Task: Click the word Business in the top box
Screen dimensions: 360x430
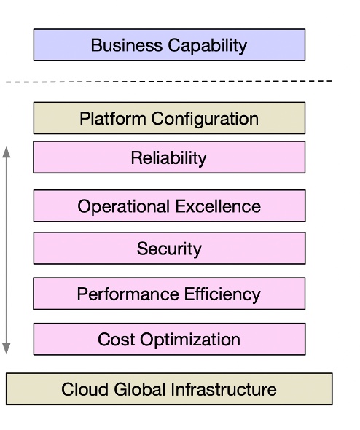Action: click(x=127, y=45)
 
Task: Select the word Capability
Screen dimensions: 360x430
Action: click(x=208, y=46)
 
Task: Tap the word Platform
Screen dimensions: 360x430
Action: click(x=113, y=119)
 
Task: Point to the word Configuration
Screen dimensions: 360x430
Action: click(x=205, y=120)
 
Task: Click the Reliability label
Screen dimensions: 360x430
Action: click(x=168, y=158)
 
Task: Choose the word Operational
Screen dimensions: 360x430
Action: click(x=123, y=207)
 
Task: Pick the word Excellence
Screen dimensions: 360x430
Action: click(x=218, y=206)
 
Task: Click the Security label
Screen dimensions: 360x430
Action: click(x=169, y=249)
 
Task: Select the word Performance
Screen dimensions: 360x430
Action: click(x=128, y=294)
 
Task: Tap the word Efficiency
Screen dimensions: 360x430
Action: click(x=222, y=294)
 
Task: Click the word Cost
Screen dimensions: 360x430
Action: click(x=117, y=340)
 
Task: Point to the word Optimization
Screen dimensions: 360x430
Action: click(x=190, y=340)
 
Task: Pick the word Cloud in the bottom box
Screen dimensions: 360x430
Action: click(x=85, y=389)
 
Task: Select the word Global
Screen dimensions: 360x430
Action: click(x=140, y=389)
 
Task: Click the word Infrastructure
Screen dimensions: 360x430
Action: click(x=224, y=389)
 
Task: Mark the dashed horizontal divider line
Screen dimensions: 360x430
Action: click(x=169, y=82)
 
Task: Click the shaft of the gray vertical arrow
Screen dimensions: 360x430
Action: click(x=7, y=251)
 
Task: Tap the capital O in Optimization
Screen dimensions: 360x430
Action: click(x=146, y=340)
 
